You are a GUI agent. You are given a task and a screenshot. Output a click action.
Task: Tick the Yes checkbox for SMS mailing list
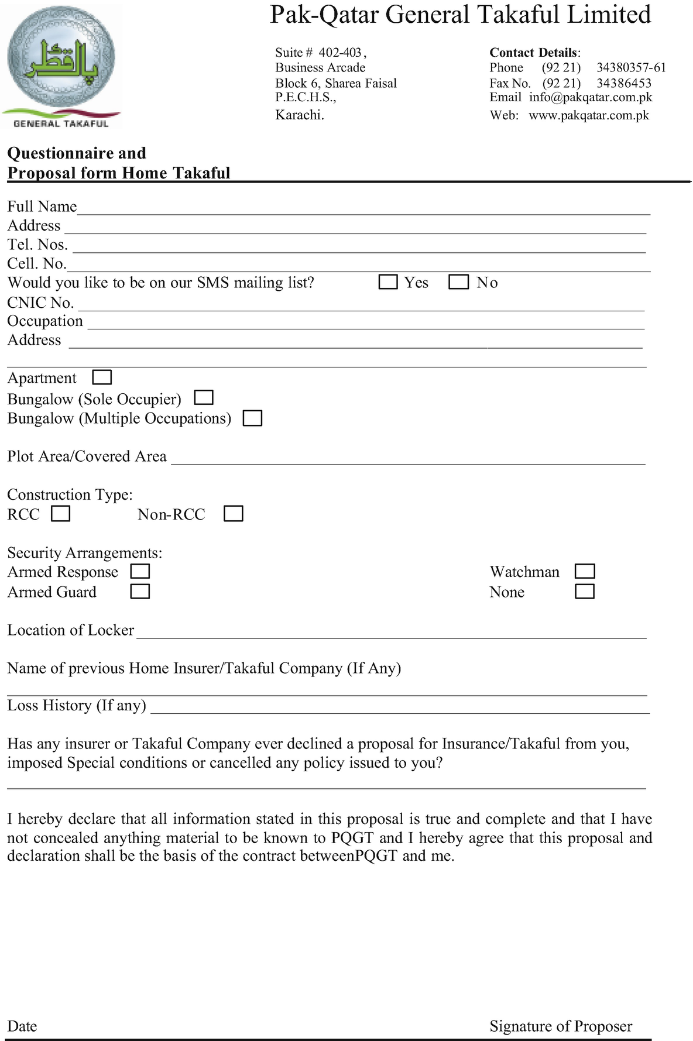[x=388, y=282]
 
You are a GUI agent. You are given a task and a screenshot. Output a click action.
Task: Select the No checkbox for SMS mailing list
[x=458, y=282]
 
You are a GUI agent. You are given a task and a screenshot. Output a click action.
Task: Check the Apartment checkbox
[x=102, y=377]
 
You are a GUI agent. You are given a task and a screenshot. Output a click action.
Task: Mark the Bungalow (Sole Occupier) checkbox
[x=204, y=398]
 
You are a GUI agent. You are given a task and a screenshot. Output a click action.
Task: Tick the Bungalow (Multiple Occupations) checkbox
[x=252, y=418]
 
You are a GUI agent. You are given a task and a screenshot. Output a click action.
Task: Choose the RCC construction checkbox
[x=60, y=514]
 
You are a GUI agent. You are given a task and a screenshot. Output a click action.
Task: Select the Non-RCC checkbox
[x=233, y=514]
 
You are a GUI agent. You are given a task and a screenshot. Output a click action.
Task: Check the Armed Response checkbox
[x=140, y=571]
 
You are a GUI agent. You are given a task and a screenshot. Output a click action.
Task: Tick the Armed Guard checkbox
[x=140, y=592]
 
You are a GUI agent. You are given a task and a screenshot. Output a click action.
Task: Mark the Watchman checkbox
[x=585, y=571]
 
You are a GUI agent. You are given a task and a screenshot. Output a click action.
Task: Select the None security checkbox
[x=585, y=592]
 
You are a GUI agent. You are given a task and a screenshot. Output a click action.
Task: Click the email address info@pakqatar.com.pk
[x=590, y=97]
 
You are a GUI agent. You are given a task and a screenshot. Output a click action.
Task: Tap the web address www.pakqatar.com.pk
[x=588, y=115]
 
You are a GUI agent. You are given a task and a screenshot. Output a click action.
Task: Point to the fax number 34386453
[x=623, y=83]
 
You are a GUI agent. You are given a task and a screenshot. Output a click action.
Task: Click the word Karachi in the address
[x=299, y=115]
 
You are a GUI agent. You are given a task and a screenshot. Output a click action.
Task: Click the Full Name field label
[x=42, y=207]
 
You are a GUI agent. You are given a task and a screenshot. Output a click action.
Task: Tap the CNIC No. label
[x=40, y=303]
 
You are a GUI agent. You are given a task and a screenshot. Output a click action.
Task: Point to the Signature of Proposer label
[x=561, y=1026]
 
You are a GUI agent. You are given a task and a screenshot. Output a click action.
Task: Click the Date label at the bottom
[x=22, y=1026]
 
